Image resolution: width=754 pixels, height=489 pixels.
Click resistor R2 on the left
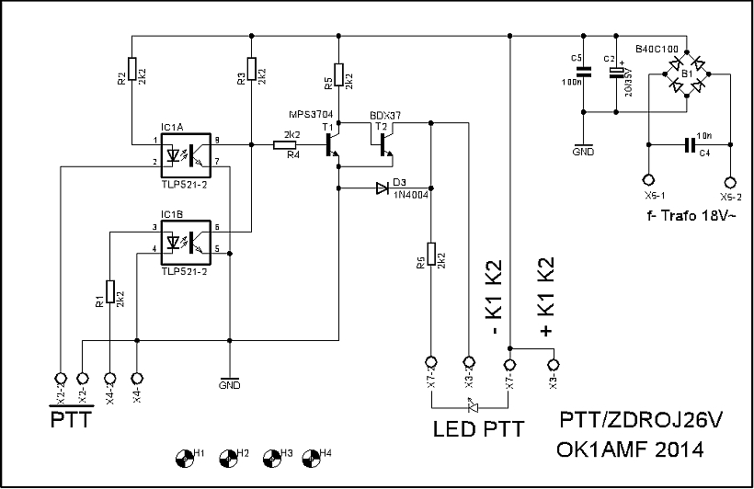pyautogui.click(x=132, y=69)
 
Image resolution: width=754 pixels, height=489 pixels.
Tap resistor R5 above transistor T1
pyautogui.click(x=338, y=74)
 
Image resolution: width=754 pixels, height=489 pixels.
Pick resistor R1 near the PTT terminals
pyautogui.click(x=109, y=292)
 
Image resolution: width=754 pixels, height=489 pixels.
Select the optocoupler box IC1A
pyautogui.click(x=188, y=155)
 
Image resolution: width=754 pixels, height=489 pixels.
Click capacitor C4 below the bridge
pyautogui.click(x=688, y=144)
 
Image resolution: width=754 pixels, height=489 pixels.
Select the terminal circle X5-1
pyautogui.click(x=647, y=181)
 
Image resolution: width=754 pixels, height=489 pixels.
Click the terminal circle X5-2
pyautogui.click(x=731, y=181)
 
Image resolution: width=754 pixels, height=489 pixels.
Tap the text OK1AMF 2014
pyautogui.click(x=630, y=451)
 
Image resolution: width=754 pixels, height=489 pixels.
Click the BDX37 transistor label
pyautogui.click(x=386, y=116)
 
